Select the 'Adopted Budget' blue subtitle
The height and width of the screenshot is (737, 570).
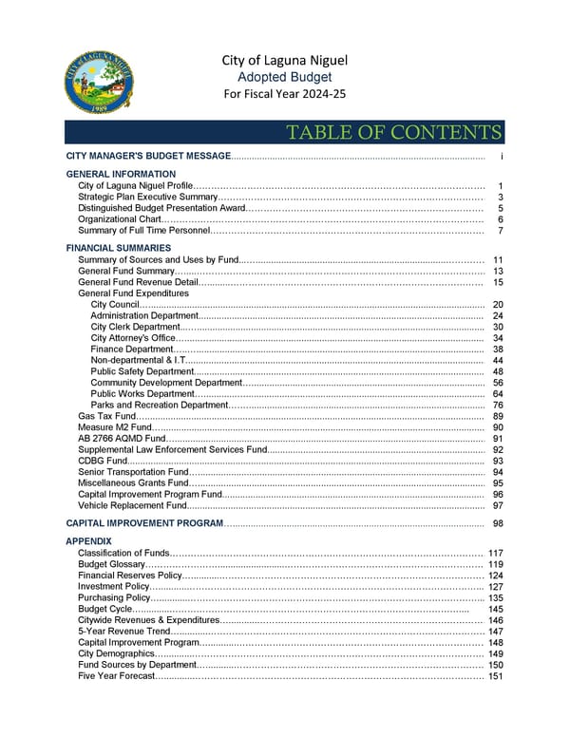click(x=284, y=77)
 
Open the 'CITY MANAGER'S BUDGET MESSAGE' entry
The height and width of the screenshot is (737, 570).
click(x=148, y=155)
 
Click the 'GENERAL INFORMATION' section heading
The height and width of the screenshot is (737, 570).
click(x=121, y=174)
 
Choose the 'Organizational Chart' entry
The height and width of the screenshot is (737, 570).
click(x=120, y=219)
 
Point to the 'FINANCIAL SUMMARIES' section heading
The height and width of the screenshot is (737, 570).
click(x=119, y=248)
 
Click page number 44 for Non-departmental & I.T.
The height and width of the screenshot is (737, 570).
click(x=498, y=361)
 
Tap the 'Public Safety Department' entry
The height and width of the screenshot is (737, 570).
click(x=142, y=372)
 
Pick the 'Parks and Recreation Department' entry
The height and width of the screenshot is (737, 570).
click(x=159, y=406)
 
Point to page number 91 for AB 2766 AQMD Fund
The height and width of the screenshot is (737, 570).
click(x=498, y=439)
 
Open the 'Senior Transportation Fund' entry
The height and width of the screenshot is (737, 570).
click(x=133, y=472)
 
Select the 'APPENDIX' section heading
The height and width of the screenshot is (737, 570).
click(x=88, y=541)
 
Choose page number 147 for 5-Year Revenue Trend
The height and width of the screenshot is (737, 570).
click(x=495, y=632)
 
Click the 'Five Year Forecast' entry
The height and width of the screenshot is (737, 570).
click(x=115, y=677)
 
